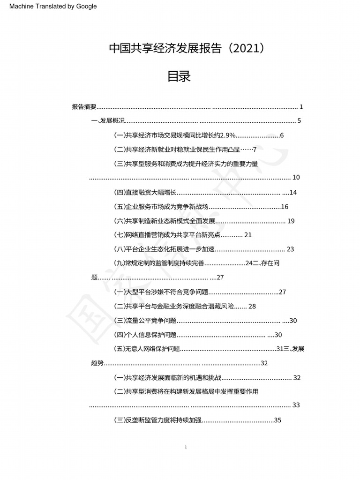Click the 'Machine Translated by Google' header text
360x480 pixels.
pyautogui.click(x=53, y=6)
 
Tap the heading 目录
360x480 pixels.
pyautogui.click(x=179, y=77)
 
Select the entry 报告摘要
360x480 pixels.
pyautogui.click(x=84, y=107)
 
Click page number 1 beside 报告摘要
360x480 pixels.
pyautogui.click(x=301, y=107)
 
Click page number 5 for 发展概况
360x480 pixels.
pyautogui.click(x=299, y=121)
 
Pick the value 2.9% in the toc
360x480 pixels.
pyautogui.click(x=227, y=135)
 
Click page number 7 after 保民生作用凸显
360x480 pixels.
pyautogui.click(x=255, y=150)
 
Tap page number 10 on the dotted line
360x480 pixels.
pyautogui.click(x=296, y=178)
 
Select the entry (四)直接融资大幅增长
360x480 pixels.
pyautogui.click(x=145, y=193)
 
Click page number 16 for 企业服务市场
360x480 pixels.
pyautogui.click(x=285, y=207)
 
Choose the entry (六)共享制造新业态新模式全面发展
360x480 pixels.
pyautogui.click(x=165, y=221)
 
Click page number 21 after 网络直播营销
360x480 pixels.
pyautogui.click(x=248, y=235)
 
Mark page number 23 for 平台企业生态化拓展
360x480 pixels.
pyautogui.click(x=290, y=249)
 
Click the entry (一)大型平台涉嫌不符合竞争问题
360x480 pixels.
pyautogui.click(x=161, y=292)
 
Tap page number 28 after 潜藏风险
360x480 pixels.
pyautogui.click(x=252, y=307)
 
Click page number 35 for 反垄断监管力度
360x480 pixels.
pyautogui.click(x=277, y=420)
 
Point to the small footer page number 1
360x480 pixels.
pyautogui.click(x=186, y=447)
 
